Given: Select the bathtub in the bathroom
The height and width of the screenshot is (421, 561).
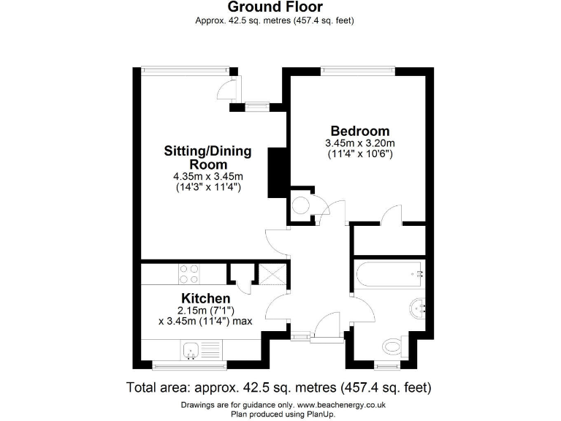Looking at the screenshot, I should click(x=389, y=274).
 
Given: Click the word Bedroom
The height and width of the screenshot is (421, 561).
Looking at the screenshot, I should click(x=360, y=131).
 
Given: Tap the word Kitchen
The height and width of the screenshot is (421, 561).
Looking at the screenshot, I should click(x=206, y=298).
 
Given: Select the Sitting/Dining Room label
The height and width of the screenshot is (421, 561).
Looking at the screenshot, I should click(x=207, y=158).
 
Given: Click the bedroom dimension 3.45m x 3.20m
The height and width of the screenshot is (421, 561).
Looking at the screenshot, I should click(x=360, y=143).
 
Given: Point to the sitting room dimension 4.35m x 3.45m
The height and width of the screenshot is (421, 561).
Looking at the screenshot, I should click(x=207, y=177).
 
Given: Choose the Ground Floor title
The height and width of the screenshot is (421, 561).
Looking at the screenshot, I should click(x=275, y=7).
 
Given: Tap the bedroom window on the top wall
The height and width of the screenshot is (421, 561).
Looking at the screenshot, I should click(x=357, y=70).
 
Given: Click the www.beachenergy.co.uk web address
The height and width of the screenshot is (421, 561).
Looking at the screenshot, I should click(x=341, y=405).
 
